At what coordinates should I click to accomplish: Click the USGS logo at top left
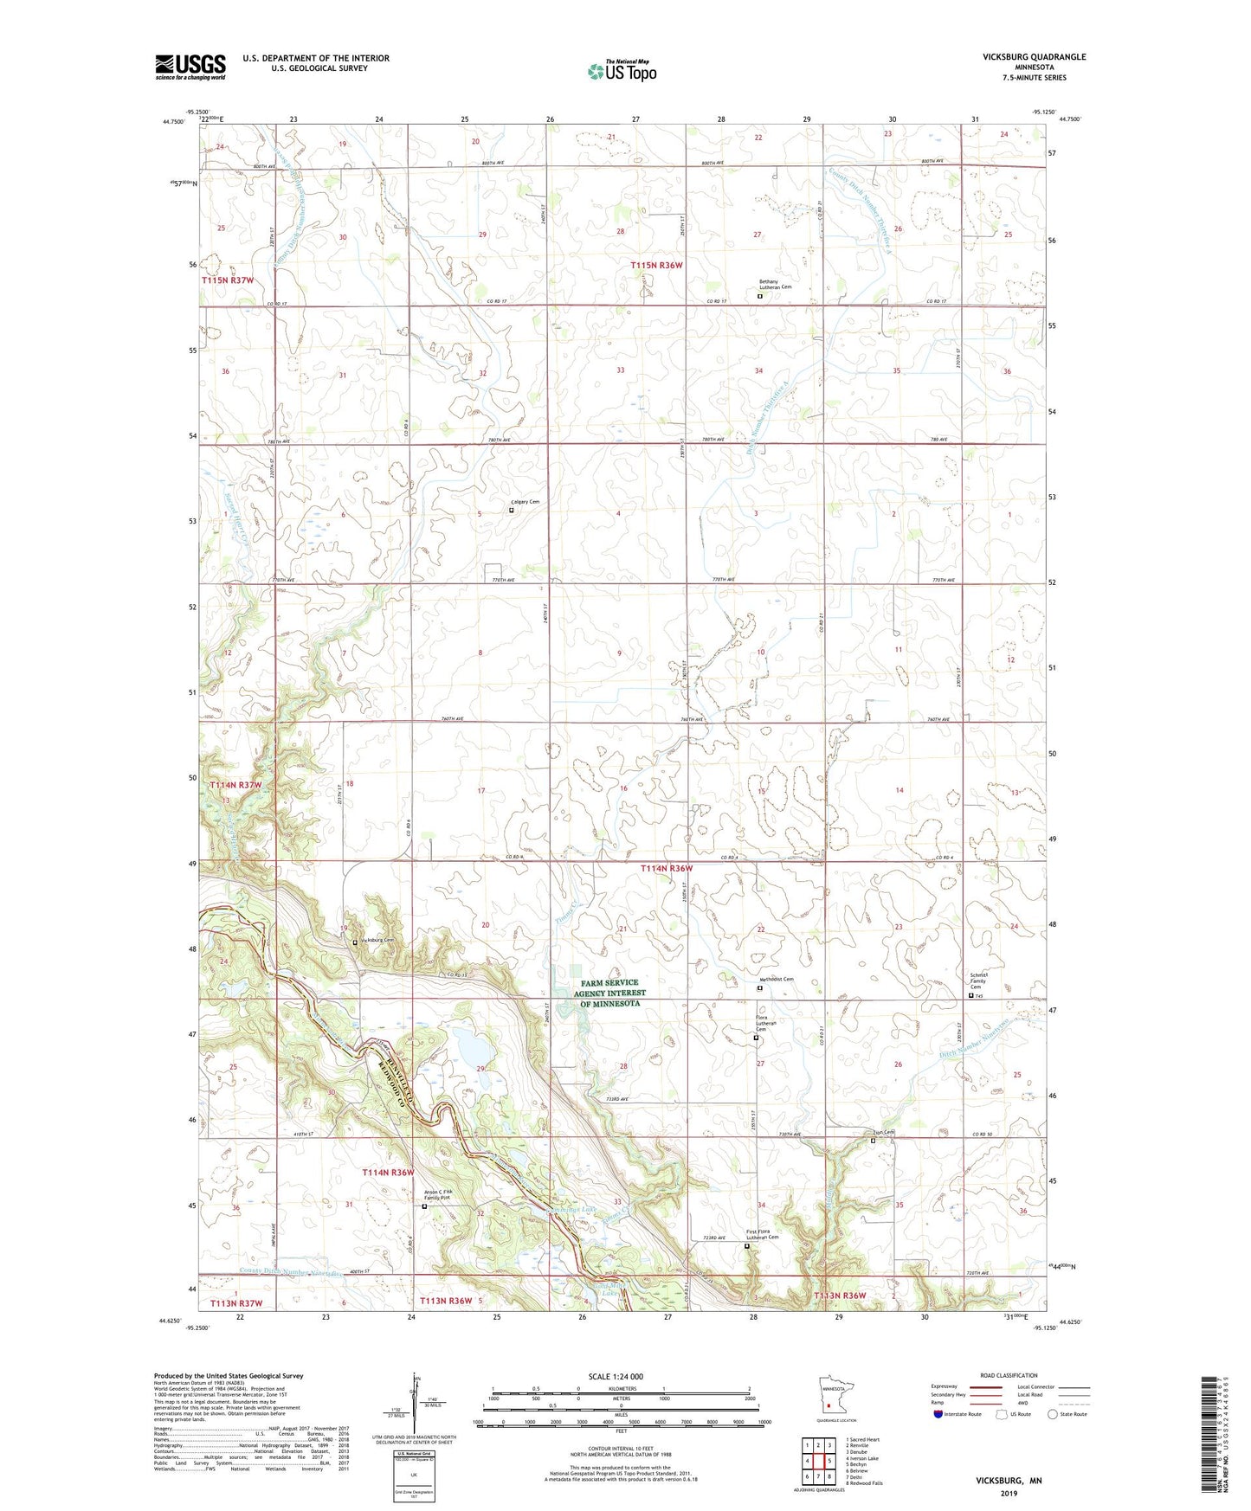(190, 67)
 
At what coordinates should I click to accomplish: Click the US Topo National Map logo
(621, 71)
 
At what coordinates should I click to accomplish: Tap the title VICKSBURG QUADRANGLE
(1034, 57)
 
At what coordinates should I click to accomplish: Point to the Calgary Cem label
(525, 502)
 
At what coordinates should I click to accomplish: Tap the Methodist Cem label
(776, 979)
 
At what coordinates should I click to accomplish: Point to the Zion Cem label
(881, 1132)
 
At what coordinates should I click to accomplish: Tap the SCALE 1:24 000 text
(615, 1376)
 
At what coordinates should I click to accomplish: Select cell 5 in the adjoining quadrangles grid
(826, 1462)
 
